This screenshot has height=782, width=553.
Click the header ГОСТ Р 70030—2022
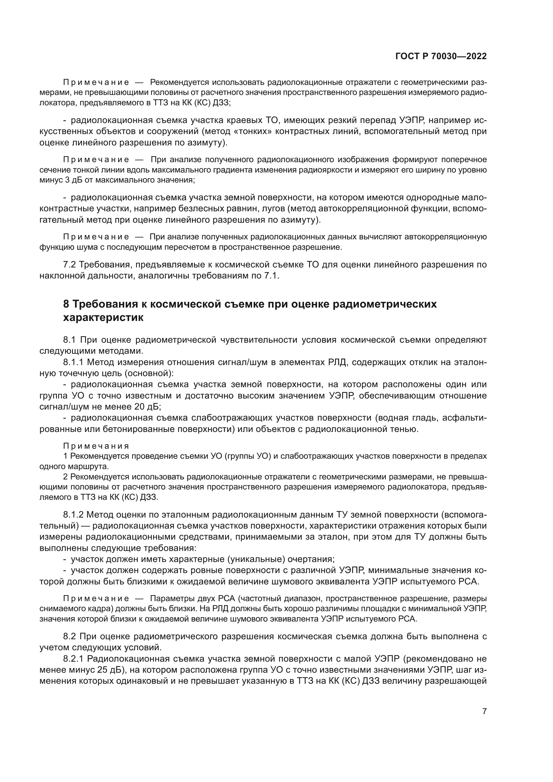[441, 57]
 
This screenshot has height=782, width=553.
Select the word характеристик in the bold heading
[103, 318]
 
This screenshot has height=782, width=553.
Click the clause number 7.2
[70, 265]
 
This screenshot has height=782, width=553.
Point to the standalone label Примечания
[96, 446]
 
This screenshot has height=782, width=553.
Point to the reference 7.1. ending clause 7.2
[272, 275]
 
